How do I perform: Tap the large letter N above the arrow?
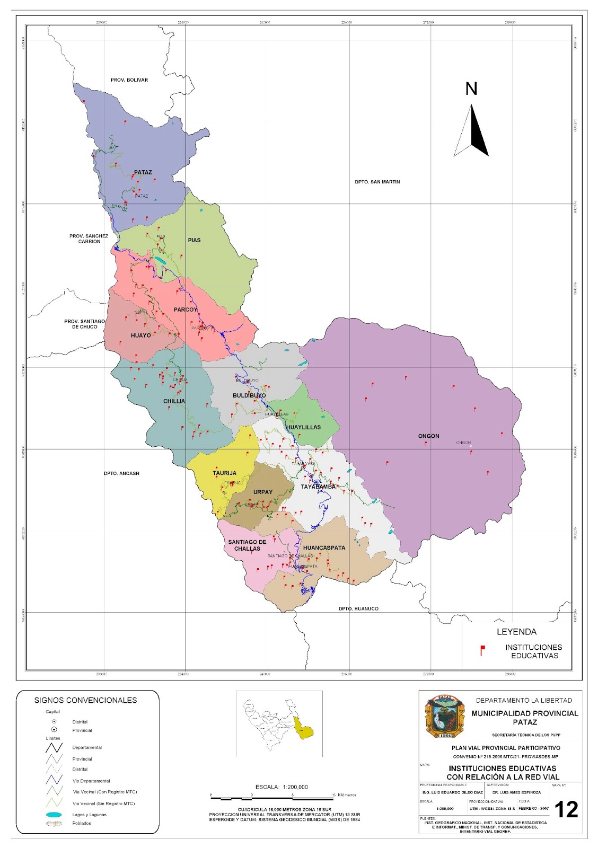coord(471,89)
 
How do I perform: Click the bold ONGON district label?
coord(428,436)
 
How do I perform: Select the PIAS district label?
coord(194,240)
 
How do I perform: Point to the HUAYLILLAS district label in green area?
coord(303,427)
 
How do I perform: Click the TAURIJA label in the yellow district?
coord(224,473)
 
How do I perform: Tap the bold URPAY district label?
coord(263,492)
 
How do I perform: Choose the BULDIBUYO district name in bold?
coord(249,396)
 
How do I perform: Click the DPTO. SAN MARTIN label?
coord(377,182)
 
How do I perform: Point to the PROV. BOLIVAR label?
coord(129,80)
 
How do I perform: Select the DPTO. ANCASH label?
coord(121,473)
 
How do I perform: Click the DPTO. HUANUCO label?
coord(358,608)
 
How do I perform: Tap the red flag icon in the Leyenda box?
coord(482,650)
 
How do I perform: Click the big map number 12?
coord(566,810)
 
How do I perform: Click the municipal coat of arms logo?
coord(444,717)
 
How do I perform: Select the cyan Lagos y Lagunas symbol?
coord(54,815)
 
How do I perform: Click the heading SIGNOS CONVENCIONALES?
coord(85,700)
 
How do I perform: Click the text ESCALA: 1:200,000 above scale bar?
coord(282,787)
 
